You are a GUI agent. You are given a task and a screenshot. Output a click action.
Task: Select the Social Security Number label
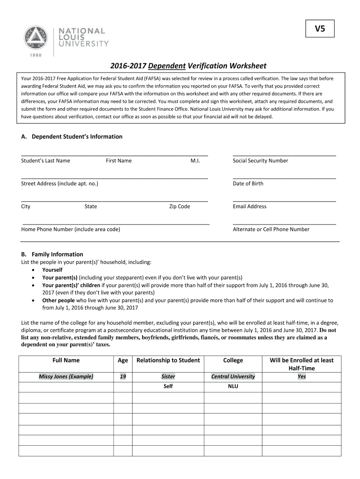(x=260, y=160)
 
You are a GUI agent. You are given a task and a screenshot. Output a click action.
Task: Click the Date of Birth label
(x=248, y=183)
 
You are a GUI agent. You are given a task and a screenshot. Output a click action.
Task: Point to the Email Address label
(x=249, y=206)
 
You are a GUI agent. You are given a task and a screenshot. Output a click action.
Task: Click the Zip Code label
(x=180, y=206)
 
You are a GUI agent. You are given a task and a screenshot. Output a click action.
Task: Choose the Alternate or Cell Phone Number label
(x=271, y=229)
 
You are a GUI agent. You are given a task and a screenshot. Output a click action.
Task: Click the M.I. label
(x=195, y=160)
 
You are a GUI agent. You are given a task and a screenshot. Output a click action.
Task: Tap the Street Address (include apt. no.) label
(x=59, y=183)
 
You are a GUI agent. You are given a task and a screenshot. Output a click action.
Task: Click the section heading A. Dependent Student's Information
(x=72, y=137)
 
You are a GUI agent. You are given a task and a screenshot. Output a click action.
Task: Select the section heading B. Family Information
(x=52, y=254)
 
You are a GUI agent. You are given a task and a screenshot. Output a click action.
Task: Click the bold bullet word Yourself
(x=52, y=270)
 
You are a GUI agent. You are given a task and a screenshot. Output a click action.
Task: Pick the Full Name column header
(x=66, y=360)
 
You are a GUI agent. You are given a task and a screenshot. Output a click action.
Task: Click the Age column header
(x=123, y=360)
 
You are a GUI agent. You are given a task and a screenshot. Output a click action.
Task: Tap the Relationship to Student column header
(x=168, y=360)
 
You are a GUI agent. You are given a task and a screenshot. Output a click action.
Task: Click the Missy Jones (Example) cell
(x=66, y=377)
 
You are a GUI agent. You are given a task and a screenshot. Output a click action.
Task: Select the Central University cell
(x=233, y=377)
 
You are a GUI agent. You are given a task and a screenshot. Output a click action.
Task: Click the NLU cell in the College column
(x=233, y=386)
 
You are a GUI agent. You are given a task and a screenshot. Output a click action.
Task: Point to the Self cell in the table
(x=168, y=386)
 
